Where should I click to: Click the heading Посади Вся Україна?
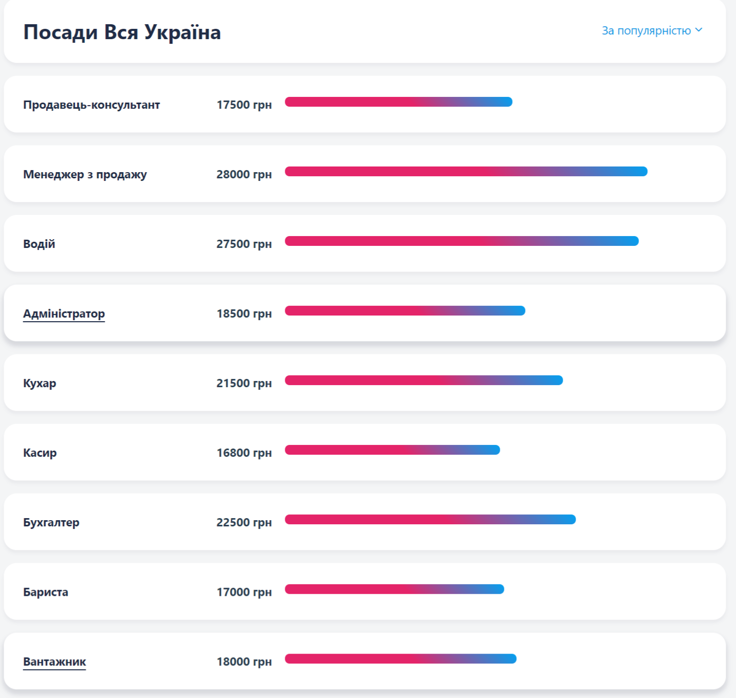tap(122, 32)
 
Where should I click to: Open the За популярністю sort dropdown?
tap(651, 30)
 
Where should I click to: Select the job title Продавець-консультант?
tap(91, 105)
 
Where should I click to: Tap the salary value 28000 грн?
tap(244, 174)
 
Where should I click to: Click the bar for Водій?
tap(462, 241)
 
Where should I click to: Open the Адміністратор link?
tap(64, 313)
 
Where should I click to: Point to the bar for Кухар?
tap(423, 380)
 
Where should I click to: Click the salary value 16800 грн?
tap(244, 453)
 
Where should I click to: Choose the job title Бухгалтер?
tap(51, 522)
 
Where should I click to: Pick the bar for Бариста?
tap(394, 589)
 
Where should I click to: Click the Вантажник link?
tap(55, 661)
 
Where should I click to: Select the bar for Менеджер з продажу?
tap(466, 171)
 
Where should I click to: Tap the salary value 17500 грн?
tap(244, 105)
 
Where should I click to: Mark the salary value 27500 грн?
tap(244, 244)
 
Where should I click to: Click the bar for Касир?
tap(392, 450)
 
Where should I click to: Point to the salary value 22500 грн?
tap(244, 522)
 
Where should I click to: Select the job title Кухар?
tap(40, 383)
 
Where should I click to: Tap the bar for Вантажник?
tap(400, 658)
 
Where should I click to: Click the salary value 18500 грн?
tap(244, 313)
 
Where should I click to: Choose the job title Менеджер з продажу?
tap(85, 174)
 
